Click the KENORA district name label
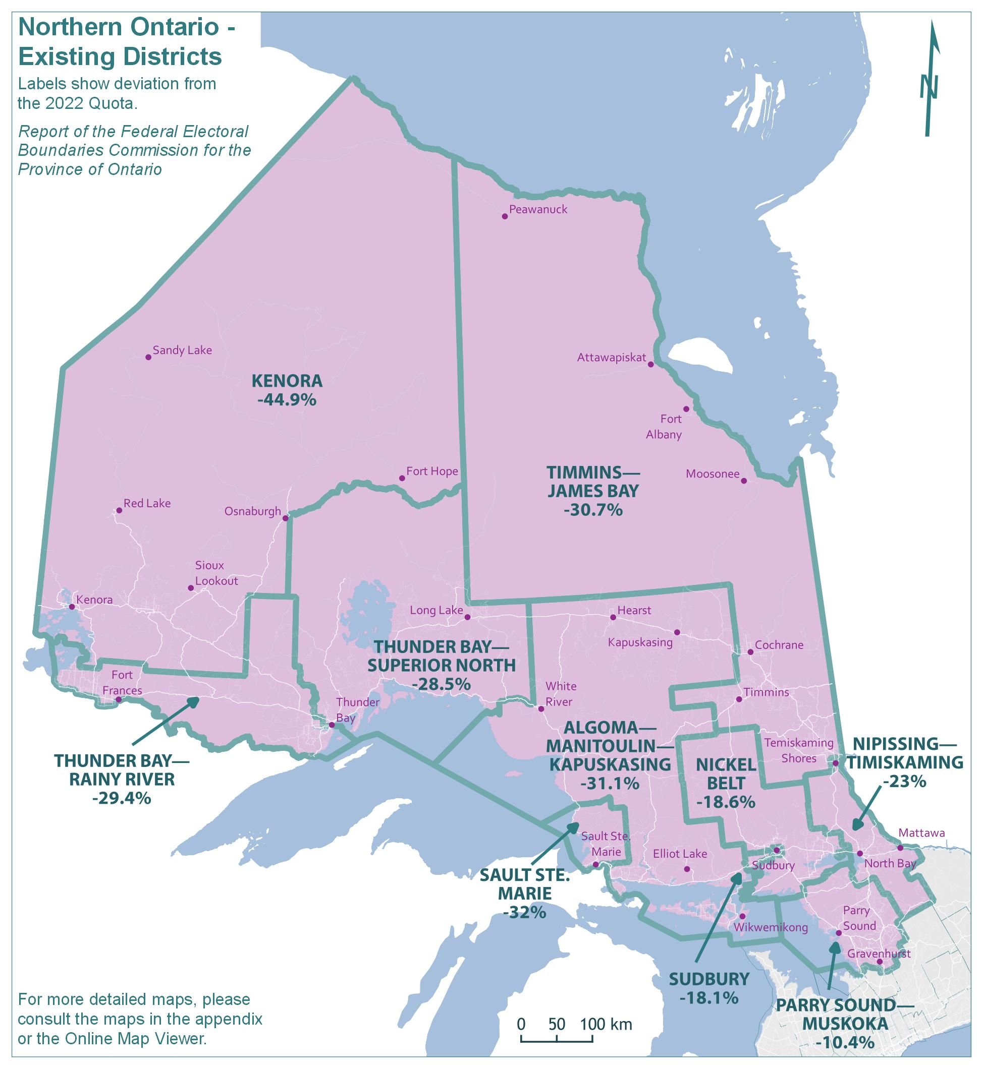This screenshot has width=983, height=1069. point(287,381)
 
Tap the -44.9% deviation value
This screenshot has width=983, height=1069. point(287,400)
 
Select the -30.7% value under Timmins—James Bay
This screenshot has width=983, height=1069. point(593,510)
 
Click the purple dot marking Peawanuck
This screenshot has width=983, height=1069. point(505,216)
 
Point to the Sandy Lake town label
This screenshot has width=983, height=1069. point(182,350)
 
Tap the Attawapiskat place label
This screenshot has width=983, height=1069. point(611,358)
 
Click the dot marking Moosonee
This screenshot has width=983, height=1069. point(744,481)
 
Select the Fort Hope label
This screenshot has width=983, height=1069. point(432,471)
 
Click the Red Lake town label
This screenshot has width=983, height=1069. point(147,503)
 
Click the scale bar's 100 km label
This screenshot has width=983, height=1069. point(606,1024)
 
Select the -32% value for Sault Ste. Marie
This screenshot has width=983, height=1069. point(524,912)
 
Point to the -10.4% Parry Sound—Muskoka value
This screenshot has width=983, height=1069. point(845,1042)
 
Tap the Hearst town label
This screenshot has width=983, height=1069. point(634,610)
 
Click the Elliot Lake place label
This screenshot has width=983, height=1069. point(680,854)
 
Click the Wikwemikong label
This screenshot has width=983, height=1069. point(770,928)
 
